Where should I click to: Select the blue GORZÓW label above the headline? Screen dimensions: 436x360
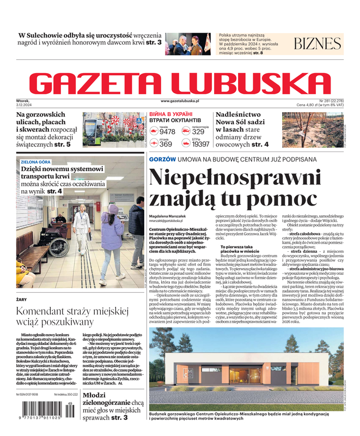162,159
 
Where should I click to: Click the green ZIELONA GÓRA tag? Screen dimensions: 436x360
35,162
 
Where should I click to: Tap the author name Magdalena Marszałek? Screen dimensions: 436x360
171,216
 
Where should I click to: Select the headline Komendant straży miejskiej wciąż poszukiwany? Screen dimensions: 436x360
72,318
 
